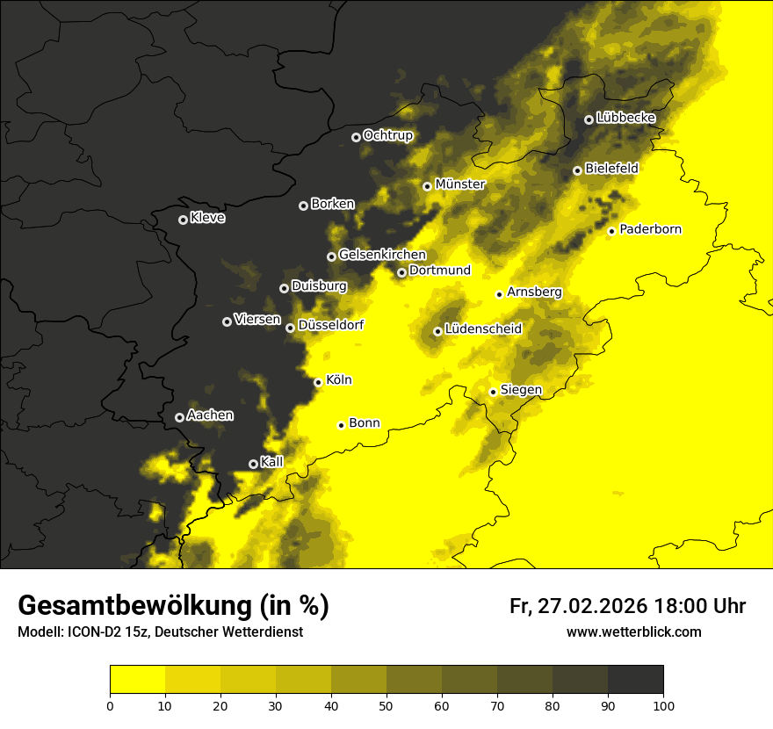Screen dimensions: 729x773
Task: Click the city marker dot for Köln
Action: point(318,382)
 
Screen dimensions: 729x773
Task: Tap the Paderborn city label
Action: point(650,229)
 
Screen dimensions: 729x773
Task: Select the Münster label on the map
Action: point(459,184)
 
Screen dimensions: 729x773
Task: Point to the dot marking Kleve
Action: point(183,220)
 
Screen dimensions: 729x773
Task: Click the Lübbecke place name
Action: point(625,118)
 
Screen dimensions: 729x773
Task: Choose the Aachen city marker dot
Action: point(179,417)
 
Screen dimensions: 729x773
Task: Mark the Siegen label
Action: point(521,390)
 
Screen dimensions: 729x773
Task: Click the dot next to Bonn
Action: point(341,425)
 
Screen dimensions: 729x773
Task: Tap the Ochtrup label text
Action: point(387,135)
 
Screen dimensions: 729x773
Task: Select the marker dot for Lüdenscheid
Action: point(437,331)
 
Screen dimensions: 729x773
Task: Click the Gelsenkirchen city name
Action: point(382,255)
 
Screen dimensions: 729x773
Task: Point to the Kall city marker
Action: point(253,464)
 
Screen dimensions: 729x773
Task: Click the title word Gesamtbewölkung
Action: point(132,606)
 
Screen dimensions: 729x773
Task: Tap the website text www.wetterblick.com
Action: point(633,632)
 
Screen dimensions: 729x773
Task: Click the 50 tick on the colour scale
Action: point(386,705)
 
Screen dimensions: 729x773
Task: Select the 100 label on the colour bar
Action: point(663,705)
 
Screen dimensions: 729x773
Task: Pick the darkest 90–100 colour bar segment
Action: point(635,680)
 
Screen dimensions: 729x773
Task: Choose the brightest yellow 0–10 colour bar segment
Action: point(137,680)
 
